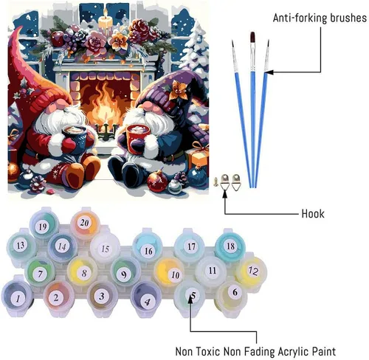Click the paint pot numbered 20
coord(84,224)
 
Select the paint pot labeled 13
coord(21,246)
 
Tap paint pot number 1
coord(18,297)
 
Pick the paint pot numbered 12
coord(252,271)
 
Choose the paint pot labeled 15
coord(105,249)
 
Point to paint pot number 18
coord(230,246)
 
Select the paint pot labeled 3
coord(102,297)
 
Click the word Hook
coord(313,214)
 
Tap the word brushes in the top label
coord(348,18)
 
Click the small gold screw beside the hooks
coord(215,181)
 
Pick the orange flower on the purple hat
coord(178,89)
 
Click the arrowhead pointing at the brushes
coord(269,72)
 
